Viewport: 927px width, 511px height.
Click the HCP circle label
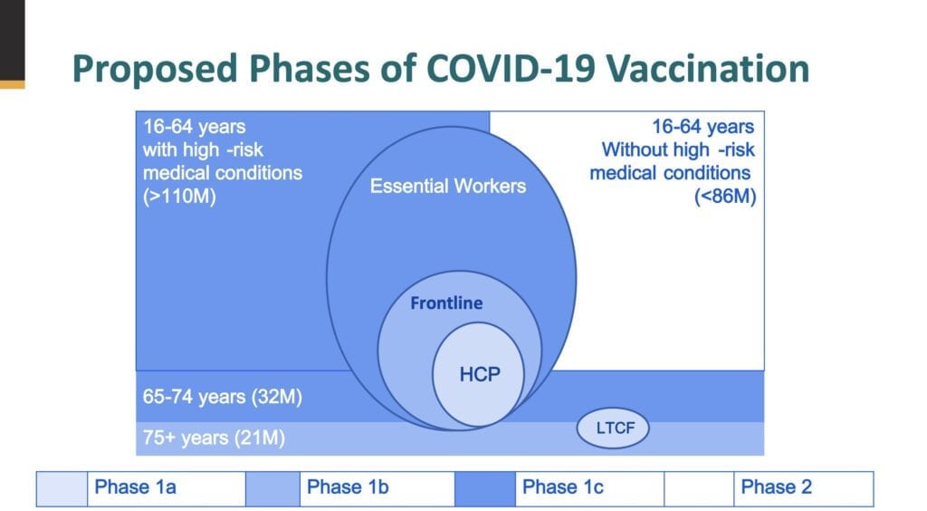point(480,374)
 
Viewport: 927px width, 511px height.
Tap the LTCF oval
point(613,429)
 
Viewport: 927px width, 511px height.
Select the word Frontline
point(446,303)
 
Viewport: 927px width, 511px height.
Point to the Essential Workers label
point(447,186)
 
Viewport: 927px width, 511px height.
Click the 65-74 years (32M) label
point(223,396)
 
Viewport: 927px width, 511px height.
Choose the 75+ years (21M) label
point(214,438)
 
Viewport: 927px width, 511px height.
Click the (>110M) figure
point(179,196)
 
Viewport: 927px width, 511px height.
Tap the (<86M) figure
point(725,196)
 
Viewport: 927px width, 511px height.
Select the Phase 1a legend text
point(135,487)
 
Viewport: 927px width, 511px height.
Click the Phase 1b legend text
point(348,487)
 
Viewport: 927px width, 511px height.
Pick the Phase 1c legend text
point(563,487)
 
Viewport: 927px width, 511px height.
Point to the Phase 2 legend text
point(776,487)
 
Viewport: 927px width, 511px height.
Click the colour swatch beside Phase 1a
point(62,489)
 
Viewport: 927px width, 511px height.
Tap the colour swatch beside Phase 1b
point(273,489)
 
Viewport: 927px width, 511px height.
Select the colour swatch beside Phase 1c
point(485,489)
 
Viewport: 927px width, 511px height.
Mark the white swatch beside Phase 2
point(699,489)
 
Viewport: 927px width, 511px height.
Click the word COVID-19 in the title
point(511,68)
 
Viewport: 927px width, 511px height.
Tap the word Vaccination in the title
point(708,68)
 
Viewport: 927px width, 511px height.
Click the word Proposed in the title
point(156,70)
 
